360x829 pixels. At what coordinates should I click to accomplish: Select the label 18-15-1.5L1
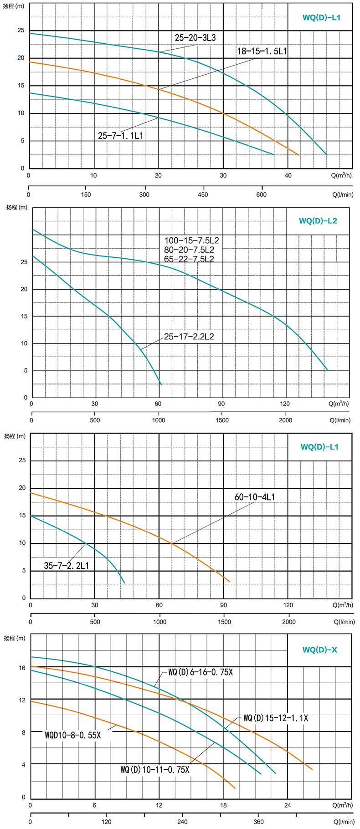click(x=262, y=51)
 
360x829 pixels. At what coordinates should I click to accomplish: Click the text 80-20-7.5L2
click(x=189, y=250)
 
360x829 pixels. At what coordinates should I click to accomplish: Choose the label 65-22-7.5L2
click(x=189, y=259)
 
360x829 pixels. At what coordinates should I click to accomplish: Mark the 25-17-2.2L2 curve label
click(x=189, y=337)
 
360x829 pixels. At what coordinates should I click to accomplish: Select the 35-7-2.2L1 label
click(x=67, y=566)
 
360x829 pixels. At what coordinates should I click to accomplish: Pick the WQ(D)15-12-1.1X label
click(x=276, y=718)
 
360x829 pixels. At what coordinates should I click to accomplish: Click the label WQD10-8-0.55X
click(x=73, y=735)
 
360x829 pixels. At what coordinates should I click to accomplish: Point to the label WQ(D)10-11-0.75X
click(x=154, y=770)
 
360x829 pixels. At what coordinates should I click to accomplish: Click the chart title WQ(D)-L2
click(x=318, y=221)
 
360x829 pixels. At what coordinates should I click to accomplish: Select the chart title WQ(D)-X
click(x=319, y=650)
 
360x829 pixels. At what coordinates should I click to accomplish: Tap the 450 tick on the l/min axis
click(x=203, y=195)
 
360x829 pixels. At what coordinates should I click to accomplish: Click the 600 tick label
click(x=262, y=195)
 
